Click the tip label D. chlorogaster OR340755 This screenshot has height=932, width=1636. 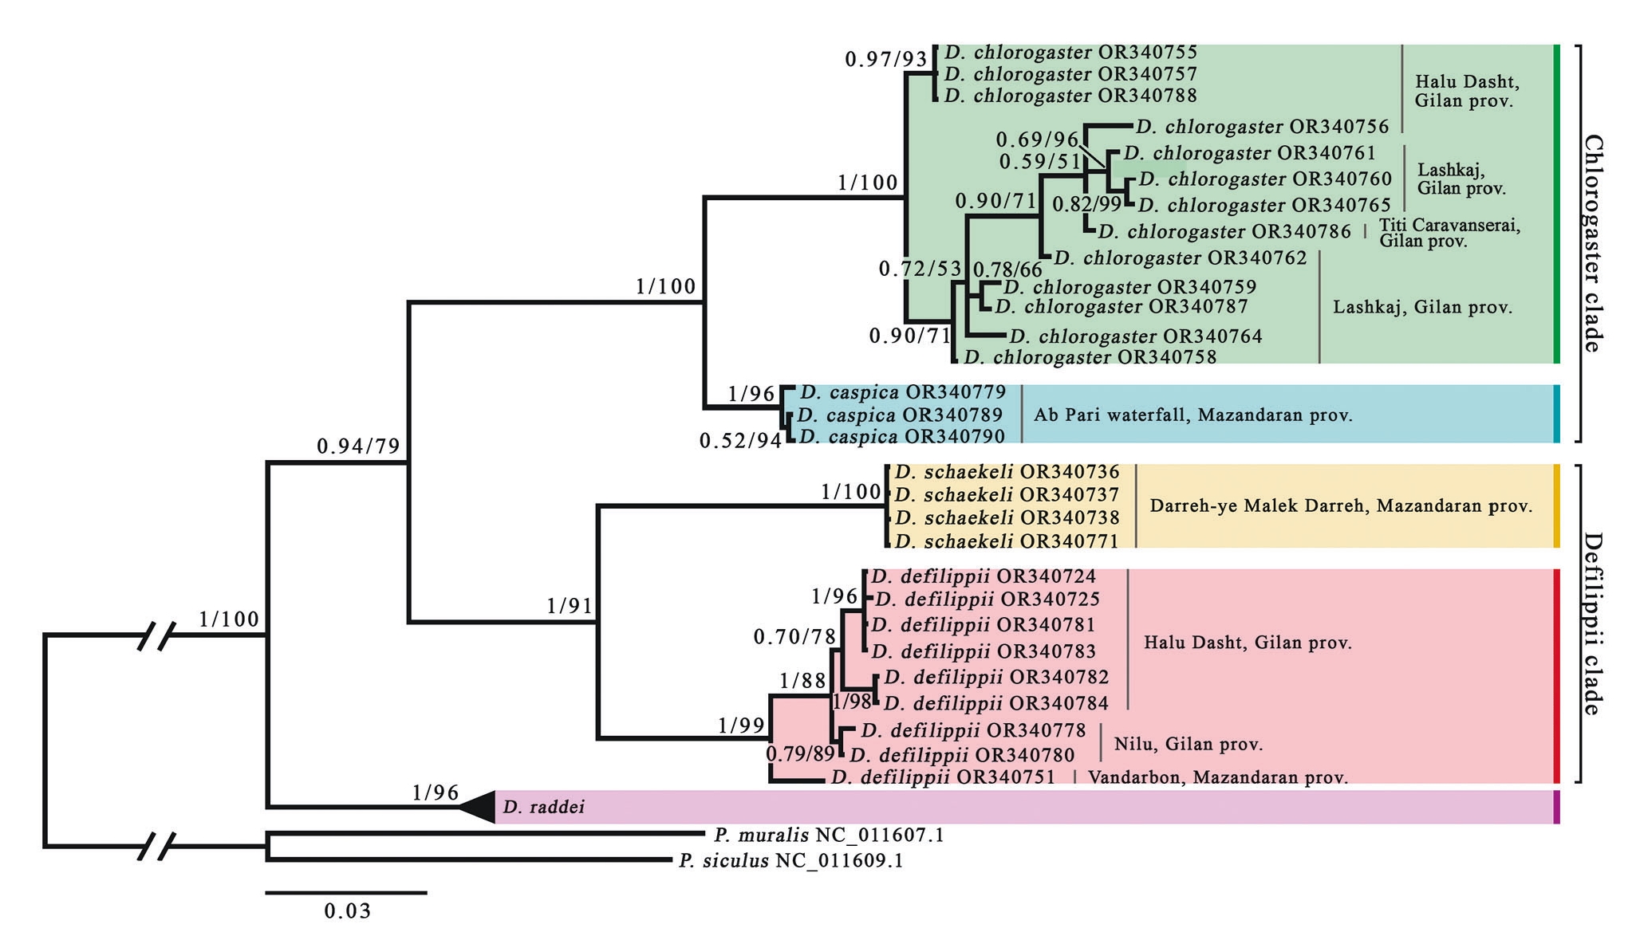(x=1070, y=53)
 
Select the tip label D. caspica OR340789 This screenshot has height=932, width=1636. (x=899, y=415)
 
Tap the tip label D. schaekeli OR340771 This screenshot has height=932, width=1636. (x=1007, y=541)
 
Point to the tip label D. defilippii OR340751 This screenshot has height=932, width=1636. (x=943, y=777)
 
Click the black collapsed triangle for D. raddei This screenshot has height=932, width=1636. (x=479, y=808)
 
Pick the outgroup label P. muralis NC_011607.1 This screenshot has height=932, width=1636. (x=829, y=836)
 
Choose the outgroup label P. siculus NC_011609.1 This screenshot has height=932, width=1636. (x=790, y=861)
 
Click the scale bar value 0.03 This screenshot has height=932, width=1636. (x=348, y=910)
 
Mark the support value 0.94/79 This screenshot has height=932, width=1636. (x=358, y=446)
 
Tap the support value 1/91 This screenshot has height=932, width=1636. (x=570, y=606)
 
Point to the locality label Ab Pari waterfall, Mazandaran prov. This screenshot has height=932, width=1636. (x=1193, y=415)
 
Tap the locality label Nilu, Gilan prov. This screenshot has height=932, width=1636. (x=1188, y=745)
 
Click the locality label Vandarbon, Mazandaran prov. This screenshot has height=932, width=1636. (x=1218, y=777)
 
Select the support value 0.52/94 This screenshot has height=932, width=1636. (x=739, y=441)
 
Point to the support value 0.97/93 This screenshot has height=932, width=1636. (x=886, y=59)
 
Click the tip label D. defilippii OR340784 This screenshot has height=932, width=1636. (x=996, y=703)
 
